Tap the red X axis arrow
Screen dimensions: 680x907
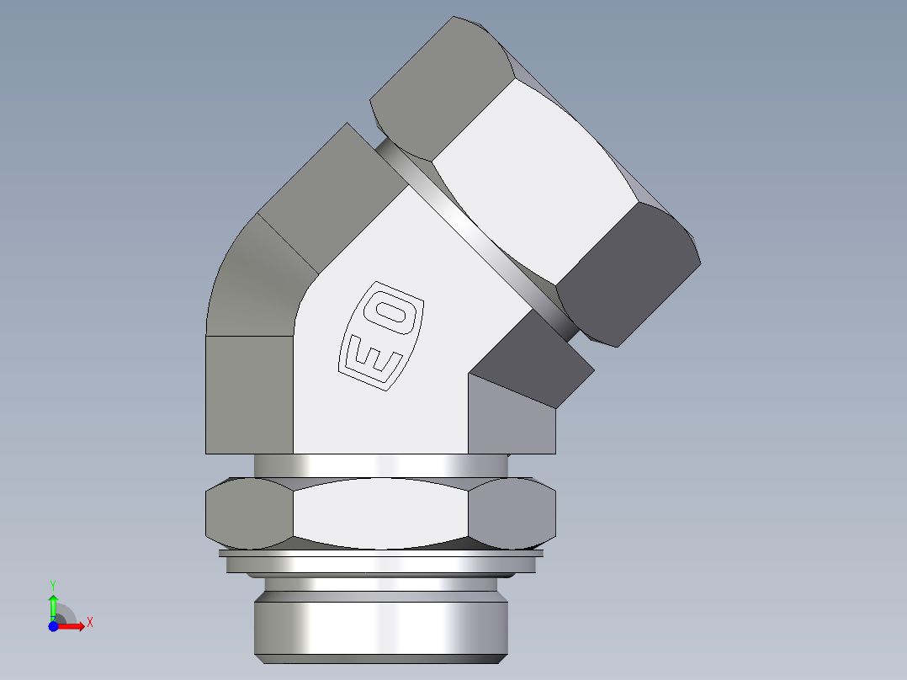(x=73, y=625)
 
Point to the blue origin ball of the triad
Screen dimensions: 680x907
(x=53, y=625)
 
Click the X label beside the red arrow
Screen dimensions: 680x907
(x=89, y=622)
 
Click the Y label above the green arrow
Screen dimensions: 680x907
(x=53, y=583)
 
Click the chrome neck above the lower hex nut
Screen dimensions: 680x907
(x=380, y=465)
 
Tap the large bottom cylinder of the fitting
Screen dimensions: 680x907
(x=380, y=627)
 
